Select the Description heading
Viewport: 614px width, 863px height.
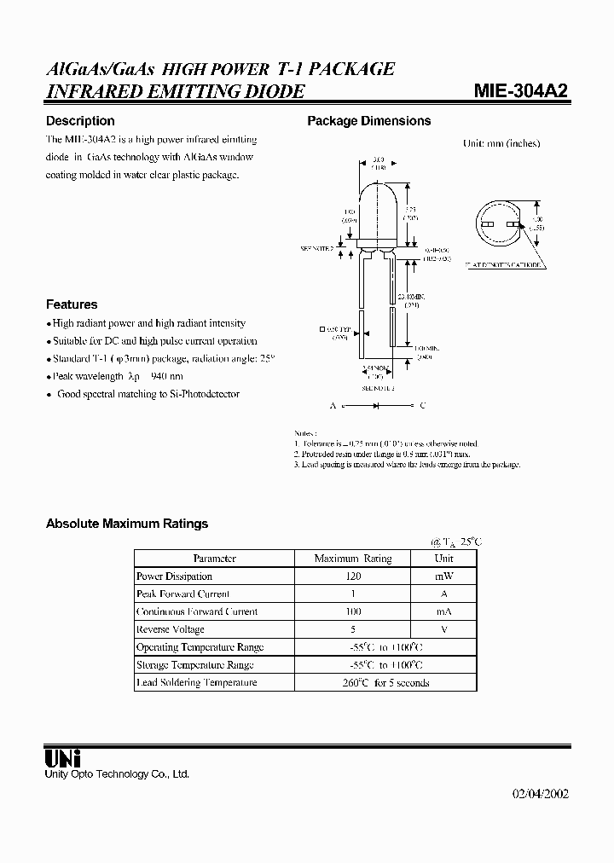80,121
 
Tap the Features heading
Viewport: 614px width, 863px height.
72,304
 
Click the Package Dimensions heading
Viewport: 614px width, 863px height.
368,121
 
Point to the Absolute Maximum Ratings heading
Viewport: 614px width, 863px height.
127,524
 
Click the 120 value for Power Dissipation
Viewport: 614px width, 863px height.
353,576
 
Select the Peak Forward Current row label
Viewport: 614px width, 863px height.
182,594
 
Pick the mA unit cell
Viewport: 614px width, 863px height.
443,611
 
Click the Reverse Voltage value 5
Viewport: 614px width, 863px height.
353,629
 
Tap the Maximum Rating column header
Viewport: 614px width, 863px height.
353,559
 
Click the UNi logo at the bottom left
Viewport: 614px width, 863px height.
62,756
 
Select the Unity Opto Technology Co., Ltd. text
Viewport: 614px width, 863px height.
117,774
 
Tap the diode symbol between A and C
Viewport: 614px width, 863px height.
377,406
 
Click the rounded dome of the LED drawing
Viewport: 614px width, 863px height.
378,192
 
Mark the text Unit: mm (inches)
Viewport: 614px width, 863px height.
501,144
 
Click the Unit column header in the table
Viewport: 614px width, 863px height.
443,559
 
